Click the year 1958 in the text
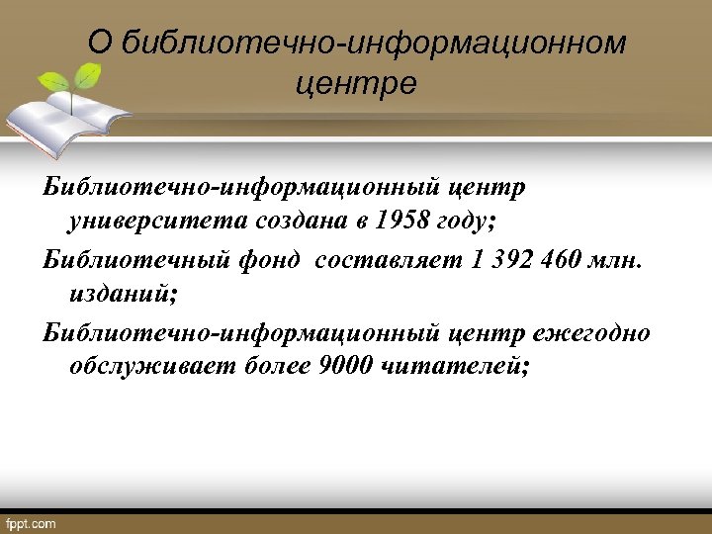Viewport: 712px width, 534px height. point(402,221)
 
